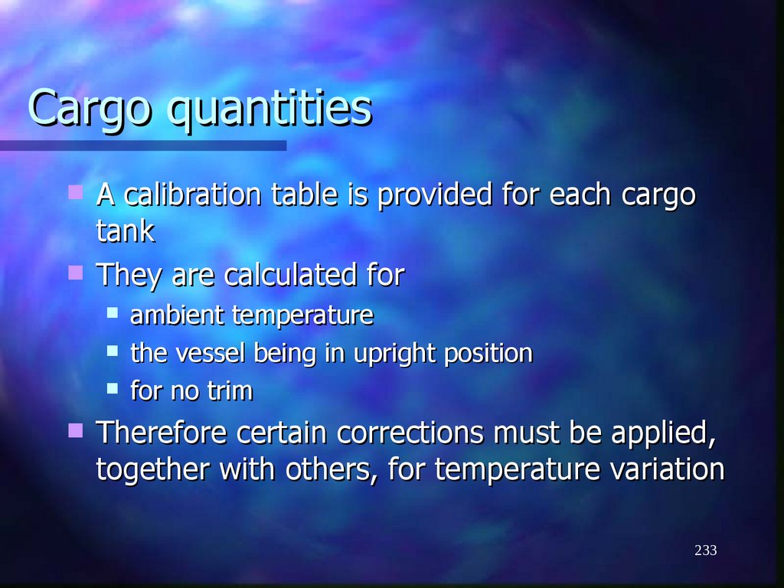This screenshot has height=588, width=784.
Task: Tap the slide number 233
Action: coord(706,550)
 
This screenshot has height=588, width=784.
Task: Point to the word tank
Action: coord(126,231)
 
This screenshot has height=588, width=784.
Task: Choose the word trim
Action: coord(229,391)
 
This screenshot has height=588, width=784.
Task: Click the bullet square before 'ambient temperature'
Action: coord(113,312)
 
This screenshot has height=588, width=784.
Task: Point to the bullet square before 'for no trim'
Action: coord(113,388)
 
